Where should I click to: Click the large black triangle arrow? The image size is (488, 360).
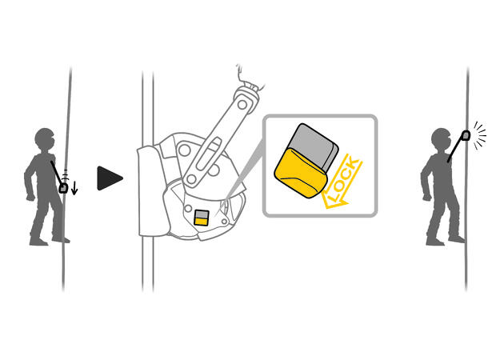click(110, 178)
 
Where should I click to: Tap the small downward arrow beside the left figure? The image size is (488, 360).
click(74, 188)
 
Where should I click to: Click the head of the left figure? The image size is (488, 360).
click(45, 138)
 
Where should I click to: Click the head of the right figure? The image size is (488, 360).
click(441, 138)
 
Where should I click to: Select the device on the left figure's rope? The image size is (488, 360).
click(63, 188)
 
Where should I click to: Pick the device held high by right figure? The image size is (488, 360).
click(466, 135)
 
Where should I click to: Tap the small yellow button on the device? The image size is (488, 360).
click(201, 222)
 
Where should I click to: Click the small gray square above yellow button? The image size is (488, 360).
click(201, 214)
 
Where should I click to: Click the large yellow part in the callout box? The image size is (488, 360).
click(300, 173)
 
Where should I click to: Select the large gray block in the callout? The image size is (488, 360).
click(314, 145)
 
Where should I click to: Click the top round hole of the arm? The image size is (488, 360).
click(242, 105)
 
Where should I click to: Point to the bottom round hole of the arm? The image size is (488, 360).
click(192, 179)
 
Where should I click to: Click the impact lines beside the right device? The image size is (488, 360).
click(479, 136)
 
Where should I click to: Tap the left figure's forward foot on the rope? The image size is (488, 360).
click(61, 239)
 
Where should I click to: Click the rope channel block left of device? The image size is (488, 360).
click(153, 192)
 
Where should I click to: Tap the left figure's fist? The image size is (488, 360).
click(30, 197)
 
